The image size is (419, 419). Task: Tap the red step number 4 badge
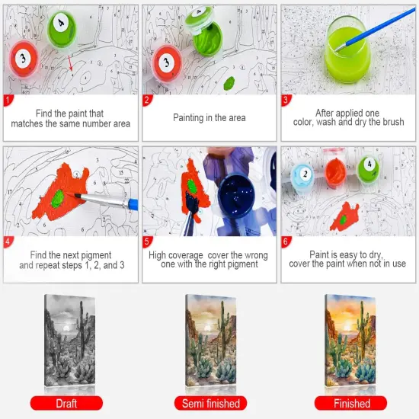coord(8,243)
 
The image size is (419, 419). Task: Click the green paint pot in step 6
coord(369,167)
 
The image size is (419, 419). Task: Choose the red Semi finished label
coord(209,403)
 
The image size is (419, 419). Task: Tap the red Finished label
coord(351,403)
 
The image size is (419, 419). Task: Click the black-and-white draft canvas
coord(69,339)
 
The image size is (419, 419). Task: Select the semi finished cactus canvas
coord(210,339)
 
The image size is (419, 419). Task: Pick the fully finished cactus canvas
coord(351,339)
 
